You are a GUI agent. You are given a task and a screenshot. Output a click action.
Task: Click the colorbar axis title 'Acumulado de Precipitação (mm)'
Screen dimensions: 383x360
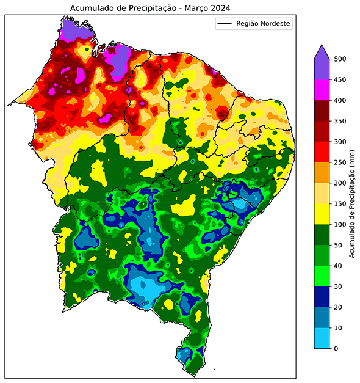[353, 203]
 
